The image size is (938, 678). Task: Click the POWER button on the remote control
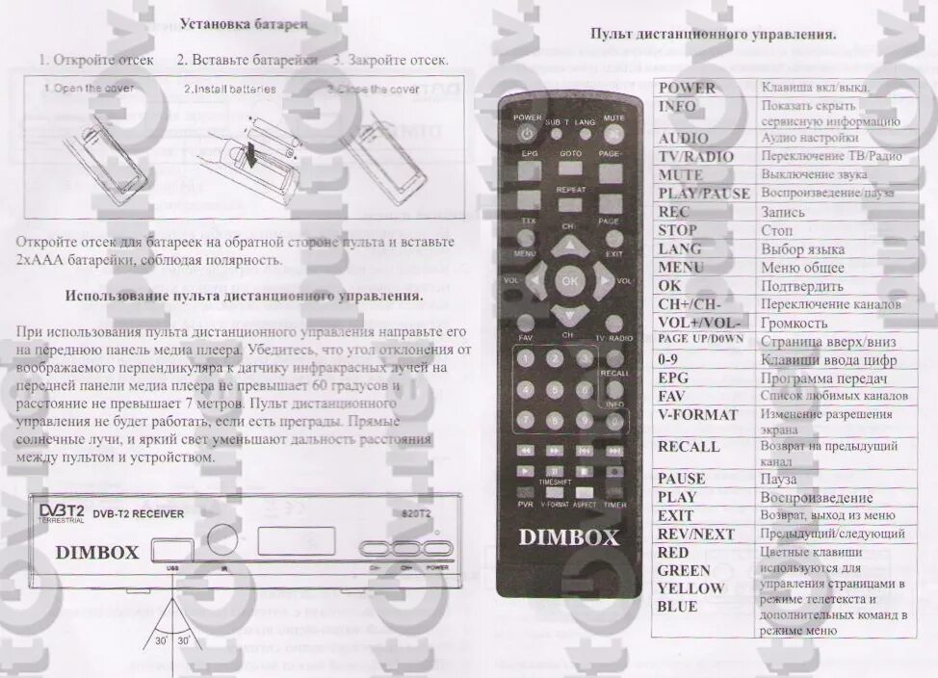click(x=528, y=134)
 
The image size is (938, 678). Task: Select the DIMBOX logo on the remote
click(x=569, y=537)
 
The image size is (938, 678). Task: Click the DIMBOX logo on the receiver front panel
click(x=97, y=552)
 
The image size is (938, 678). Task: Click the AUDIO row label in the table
click(x=683, y=139)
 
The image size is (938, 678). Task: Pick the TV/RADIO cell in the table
click(x=695, y=157)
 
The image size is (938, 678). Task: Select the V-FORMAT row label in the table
click(x=697, y=415)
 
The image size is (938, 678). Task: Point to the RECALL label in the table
click(x=689, y=447)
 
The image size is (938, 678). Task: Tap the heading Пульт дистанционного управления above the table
click(x=713, y=34)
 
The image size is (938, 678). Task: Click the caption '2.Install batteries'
click(x=230, y=90)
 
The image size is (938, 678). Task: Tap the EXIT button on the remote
click(x=613, y=239)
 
